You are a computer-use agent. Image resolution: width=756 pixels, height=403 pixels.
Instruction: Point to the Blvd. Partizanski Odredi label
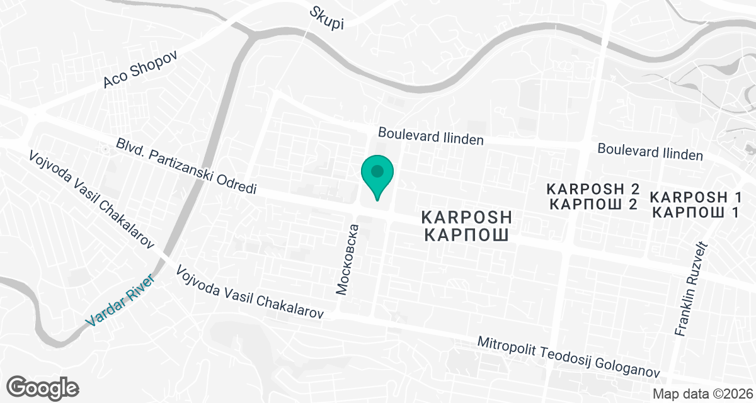point(185,166)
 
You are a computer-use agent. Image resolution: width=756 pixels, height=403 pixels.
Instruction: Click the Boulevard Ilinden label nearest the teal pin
point(430,135)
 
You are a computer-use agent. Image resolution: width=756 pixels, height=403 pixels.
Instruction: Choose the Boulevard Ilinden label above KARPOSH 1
point(650,151)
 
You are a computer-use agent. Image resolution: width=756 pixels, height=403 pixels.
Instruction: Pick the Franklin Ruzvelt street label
point(692,290)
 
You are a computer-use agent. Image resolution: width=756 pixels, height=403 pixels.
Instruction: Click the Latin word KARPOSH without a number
point(467,218)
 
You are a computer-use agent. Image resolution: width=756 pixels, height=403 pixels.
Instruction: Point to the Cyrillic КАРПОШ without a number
point(467,236)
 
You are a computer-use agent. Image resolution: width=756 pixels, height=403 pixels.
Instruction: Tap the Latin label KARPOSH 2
point(593,189)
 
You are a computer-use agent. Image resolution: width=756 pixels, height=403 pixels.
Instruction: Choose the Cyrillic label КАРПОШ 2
point(593,204)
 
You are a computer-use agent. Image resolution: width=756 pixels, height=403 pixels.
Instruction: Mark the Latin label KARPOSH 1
point(695,196)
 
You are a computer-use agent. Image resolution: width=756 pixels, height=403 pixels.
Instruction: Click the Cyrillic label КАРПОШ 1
point(695,212)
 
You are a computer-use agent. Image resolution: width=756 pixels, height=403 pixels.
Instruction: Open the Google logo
point(43,386)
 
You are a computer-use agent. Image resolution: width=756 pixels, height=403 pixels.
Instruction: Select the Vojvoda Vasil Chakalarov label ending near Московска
point(250,292)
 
